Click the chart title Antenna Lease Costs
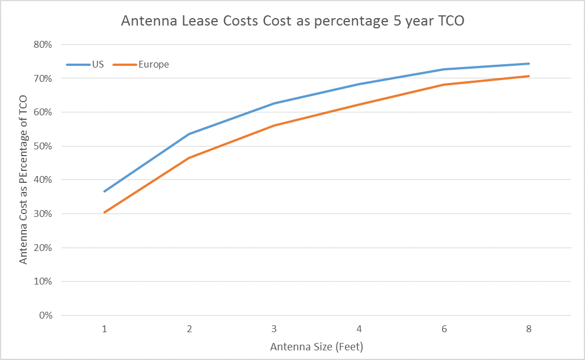(x=292, y=22)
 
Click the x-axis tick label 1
(x=104, y=329)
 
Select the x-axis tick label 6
(x=444, y=329)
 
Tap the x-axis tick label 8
(x=528, y=329)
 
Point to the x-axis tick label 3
(x=274, y=329)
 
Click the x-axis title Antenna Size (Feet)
(x=317, y=346)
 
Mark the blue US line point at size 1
(x=104, y=191)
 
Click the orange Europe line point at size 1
(x=104, y=212)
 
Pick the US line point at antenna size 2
(x=189, y=134)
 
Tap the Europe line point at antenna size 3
(x=274, y=125)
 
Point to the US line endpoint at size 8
(x=528, y=64)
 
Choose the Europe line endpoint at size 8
(x=528, y=76)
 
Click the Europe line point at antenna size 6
(x=444, y=85)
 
